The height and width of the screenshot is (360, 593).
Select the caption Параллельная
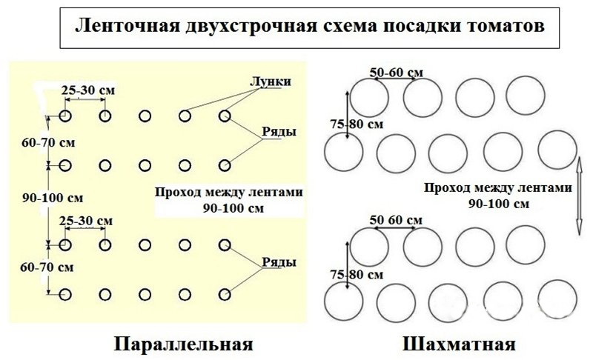pyautogui.click(x=184, y=344)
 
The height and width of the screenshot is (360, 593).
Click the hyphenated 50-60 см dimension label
pyautogui.click(x=397, y=72)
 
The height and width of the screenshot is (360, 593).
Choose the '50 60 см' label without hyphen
pyautogui.click(x=396, y=221)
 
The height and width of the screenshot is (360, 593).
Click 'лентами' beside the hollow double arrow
pyautogui.click(x=546, y=188)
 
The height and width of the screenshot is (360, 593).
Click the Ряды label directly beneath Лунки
pyautogui.click(x=279, y=132)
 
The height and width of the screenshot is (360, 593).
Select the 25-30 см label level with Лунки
pyautogui.click(x=87, y=90)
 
